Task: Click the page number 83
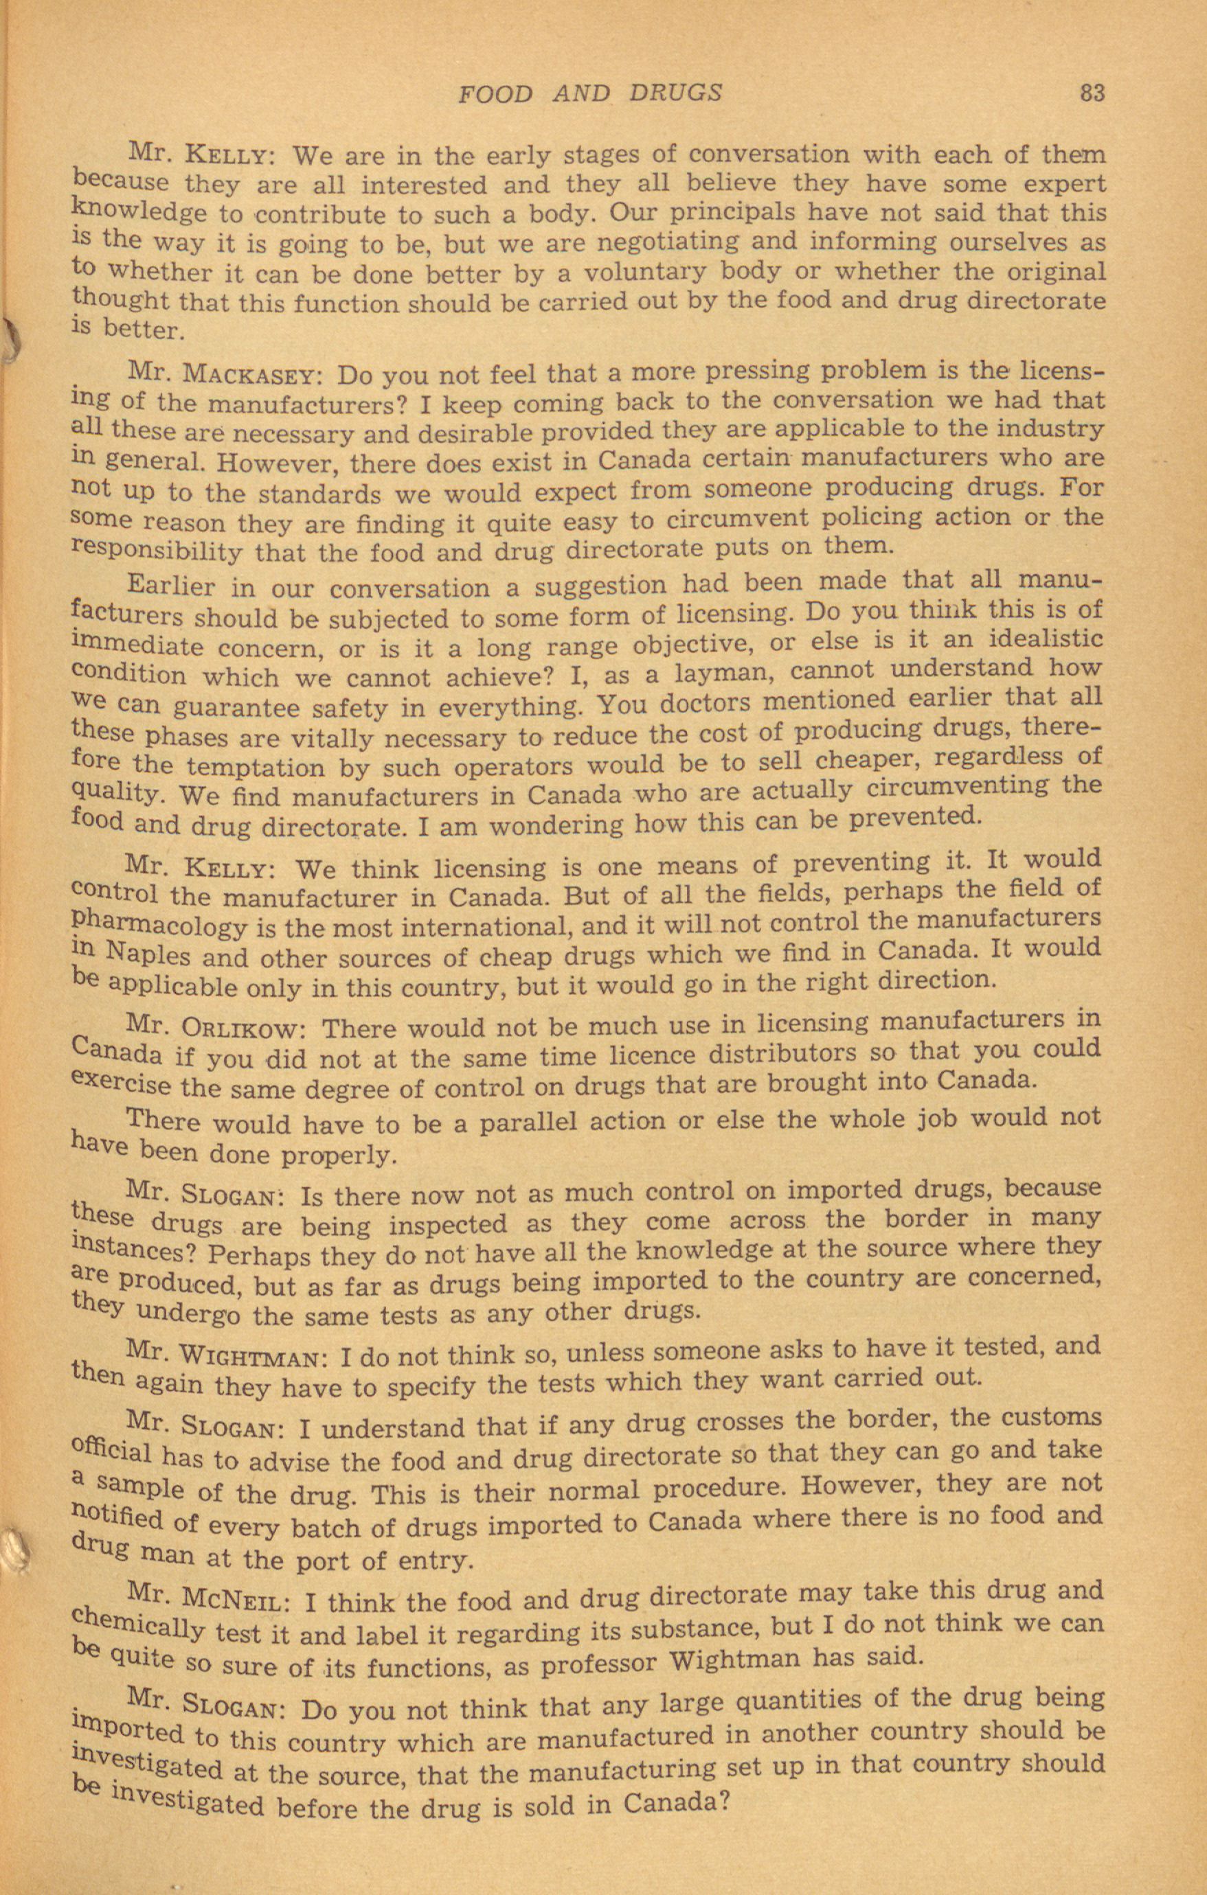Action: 1093,93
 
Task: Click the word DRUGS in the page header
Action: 675,93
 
